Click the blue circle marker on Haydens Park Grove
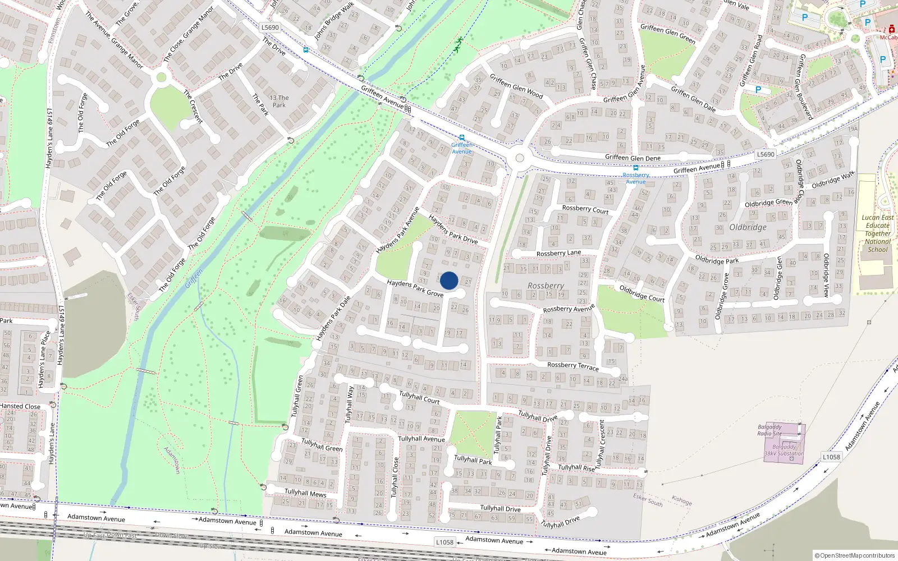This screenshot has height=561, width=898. [x=449, y=280]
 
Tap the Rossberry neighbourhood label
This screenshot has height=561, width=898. [x=546, y=286]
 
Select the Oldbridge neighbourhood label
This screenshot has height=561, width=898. [x=748, y=227]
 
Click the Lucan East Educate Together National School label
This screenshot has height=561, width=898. [x=877, y=233]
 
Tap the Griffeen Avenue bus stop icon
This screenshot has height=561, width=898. [x=462, y=137]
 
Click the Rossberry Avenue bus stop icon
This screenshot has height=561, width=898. [x=635, y=168]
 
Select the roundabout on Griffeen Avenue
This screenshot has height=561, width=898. [x=519, y=158]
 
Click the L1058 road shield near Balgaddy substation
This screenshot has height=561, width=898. [x=831, y=457]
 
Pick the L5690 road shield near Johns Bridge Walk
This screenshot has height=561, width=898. [x=270, y=27]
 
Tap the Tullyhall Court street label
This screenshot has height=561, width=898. [x=419, y=397]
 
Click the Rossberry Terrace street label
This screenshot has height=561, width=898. [x=572, y=366]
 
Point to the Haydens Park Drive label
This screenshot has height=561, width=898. [x=453, y=229]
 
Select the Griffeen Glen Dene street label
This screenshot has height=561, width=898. [x=633, y=158]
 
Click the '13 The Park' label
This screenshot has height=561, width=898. [x=279, y=102]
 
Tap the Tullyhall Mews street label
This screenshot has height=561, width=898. [x=305, y=493]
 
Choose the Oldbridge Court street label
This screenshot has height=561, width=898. [x=642, y=293]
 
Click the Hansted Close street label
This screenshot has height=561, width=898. [x=20, y=406]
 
